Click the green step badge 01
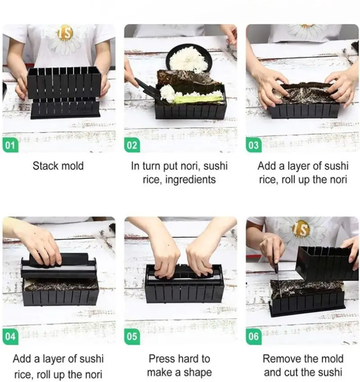coord(10,145)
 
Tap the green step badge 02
coord(132,145)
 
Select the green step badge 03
coord(254,145)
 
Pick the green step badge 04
coord(10,337)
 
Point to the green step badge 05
coord(132,337)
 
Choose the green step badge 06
coord(254,337)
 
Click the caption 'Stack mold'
coord(58,166)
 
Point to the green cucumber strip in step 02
coord(198,99)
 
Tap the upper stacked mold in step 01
coord(64,83)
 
